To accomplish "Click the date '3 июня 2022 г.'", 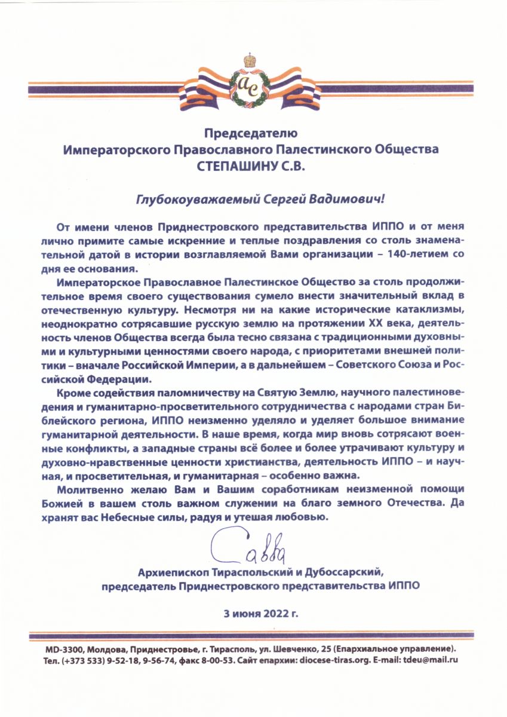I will click(253, 613).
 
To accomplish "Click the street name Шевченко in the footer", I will click(286, 648).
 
